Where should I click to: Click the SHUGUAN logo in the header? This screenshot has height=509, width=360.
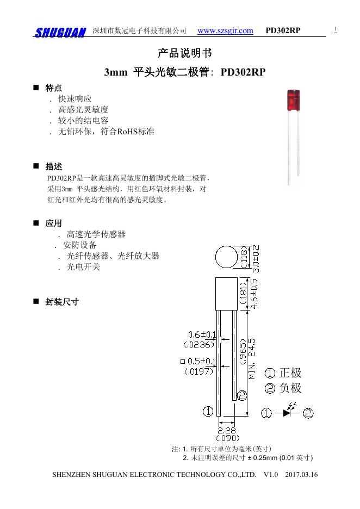(x=60, y=33)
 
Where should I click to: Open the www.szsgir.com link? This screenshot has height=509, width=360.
(x=225, y=30)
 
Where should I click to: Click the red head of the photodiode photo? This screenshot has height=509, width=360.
(x=294, y=99)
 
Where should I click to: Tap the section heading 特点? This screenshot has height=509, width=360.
(x=53, y=88)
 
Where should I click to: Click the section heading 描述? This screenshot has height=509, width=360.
(x=53, y=166)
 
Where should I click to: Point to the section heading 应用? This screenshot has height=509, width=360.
(x=53, y=224)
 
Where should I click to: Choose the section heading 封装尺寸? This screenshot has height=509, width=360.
(x=62, y=302)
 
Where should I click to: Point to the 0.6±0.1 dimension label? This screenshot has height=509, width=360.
(x=202, y=334)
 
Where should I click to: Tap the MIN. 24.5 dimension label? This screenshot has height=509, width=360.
(x=252, y=359)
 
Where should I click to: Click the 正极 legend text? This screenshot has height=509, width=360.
(x=290, y=373)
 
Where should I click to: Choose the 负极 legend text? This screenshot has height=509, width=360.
(x=290, y=388)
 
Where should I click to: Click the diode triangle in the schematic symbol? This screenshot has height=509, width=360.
(x=287, y=413)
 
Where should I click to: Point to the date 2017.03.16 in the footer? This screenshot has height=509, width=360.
(x=301, y=475)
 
